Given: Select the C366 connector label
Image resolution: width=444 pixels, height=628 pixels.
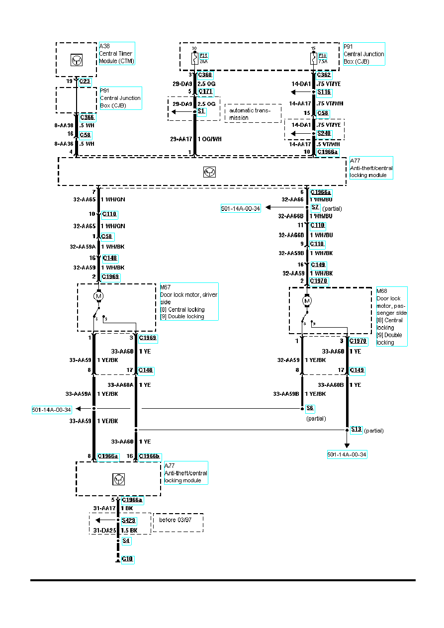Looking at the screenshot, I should tap(88, 117).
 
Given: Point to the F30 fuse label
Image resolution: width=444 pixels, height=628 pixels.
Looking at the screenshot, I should tap(322, 55).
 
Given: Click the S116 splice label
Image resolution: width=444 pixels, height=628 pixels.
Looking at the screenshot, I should tap(324, 92).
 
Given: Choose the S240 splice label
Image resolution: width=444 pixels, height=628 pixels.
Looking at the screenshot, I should tap(324, 133).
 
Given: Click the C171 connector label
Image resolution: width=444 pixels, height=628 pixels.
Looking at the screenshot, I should tap(205, 92).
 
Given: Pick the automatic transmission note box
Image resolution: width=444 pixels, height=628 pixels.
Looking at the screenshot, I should tap(253, 114).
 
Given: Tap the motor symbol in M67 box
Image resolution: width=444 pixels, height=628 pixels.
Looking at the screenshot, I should tap(98, 296).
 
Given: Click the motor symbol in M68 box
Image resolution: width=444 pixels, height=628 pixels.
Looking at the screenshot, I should tap(307, 301).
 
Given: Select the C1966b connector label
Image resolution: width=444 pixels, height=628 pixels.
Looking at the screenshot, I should tap(150, 456).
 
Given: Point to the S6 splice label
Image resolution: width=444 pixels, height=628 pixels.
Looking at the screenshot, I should tap(310, 408).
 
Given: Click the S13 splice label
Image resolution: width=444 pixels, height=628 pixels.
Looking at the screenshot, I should tap(356, 429).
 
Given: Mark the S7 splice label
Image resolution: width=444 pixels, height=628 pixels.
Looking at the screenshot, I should tap(315, 207).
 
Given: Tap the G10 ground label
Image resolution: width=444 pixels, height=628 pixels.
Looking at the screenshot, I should tap(128, 559).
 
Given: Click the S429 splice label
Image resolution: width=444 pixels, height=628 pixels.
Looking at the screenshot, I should tap(129, 521).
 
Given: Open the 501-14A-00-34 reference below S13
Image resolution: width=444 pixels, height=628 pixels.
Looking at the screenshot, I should tap(347, 454).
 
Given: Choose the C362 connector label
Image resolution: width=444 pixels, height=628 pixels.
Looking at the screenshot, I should tap(324, 76).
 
